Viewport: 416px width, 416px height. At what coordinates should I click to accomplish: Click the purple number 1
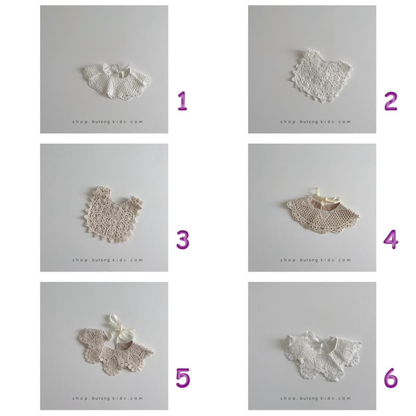point(183,101)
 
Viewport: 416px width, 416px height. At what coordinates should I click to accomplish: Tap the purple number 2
point(391,101)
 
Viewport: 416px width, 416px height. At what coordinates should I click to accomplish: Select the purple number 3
point(183,240)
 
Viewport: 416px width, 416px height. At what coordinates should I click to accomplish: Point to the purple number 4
point(391,239)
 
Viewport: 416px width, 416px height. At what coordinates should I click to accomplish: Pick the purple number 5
point(183,378)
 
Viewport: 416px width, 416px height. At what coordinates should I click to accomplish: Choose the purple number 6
point(391,378)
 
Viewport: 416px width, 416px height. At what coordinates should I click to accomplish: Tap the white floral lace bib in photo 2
point(323,75)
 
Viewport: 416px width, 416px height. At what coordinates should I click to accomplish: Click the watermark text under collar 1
point(108,122)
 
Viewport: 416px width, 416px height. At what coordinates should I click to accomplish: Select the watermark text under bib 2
point(316,122)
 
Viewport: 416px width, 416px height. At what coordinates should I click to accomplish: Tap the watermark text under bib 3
point(108,260)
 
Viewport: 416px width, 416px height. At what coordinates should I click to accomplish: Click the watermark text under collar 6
point(316,398)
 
